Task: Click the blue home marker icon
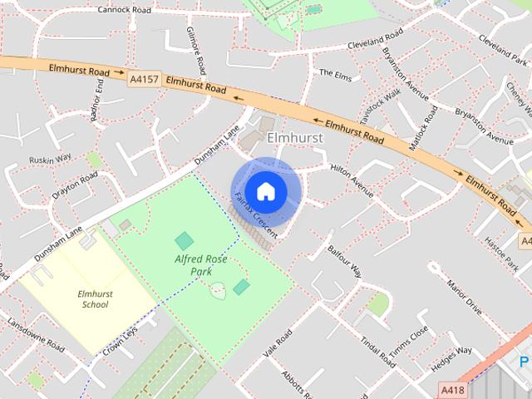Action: [265, 192]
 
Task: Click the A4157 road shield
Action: [142, 80]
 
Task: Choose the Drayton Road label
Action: [76, 184]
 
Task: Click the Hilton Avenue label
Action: [352, 178]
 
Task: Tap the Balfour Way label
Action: [345, 260]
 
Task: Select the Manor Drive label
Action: [464, 298]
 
